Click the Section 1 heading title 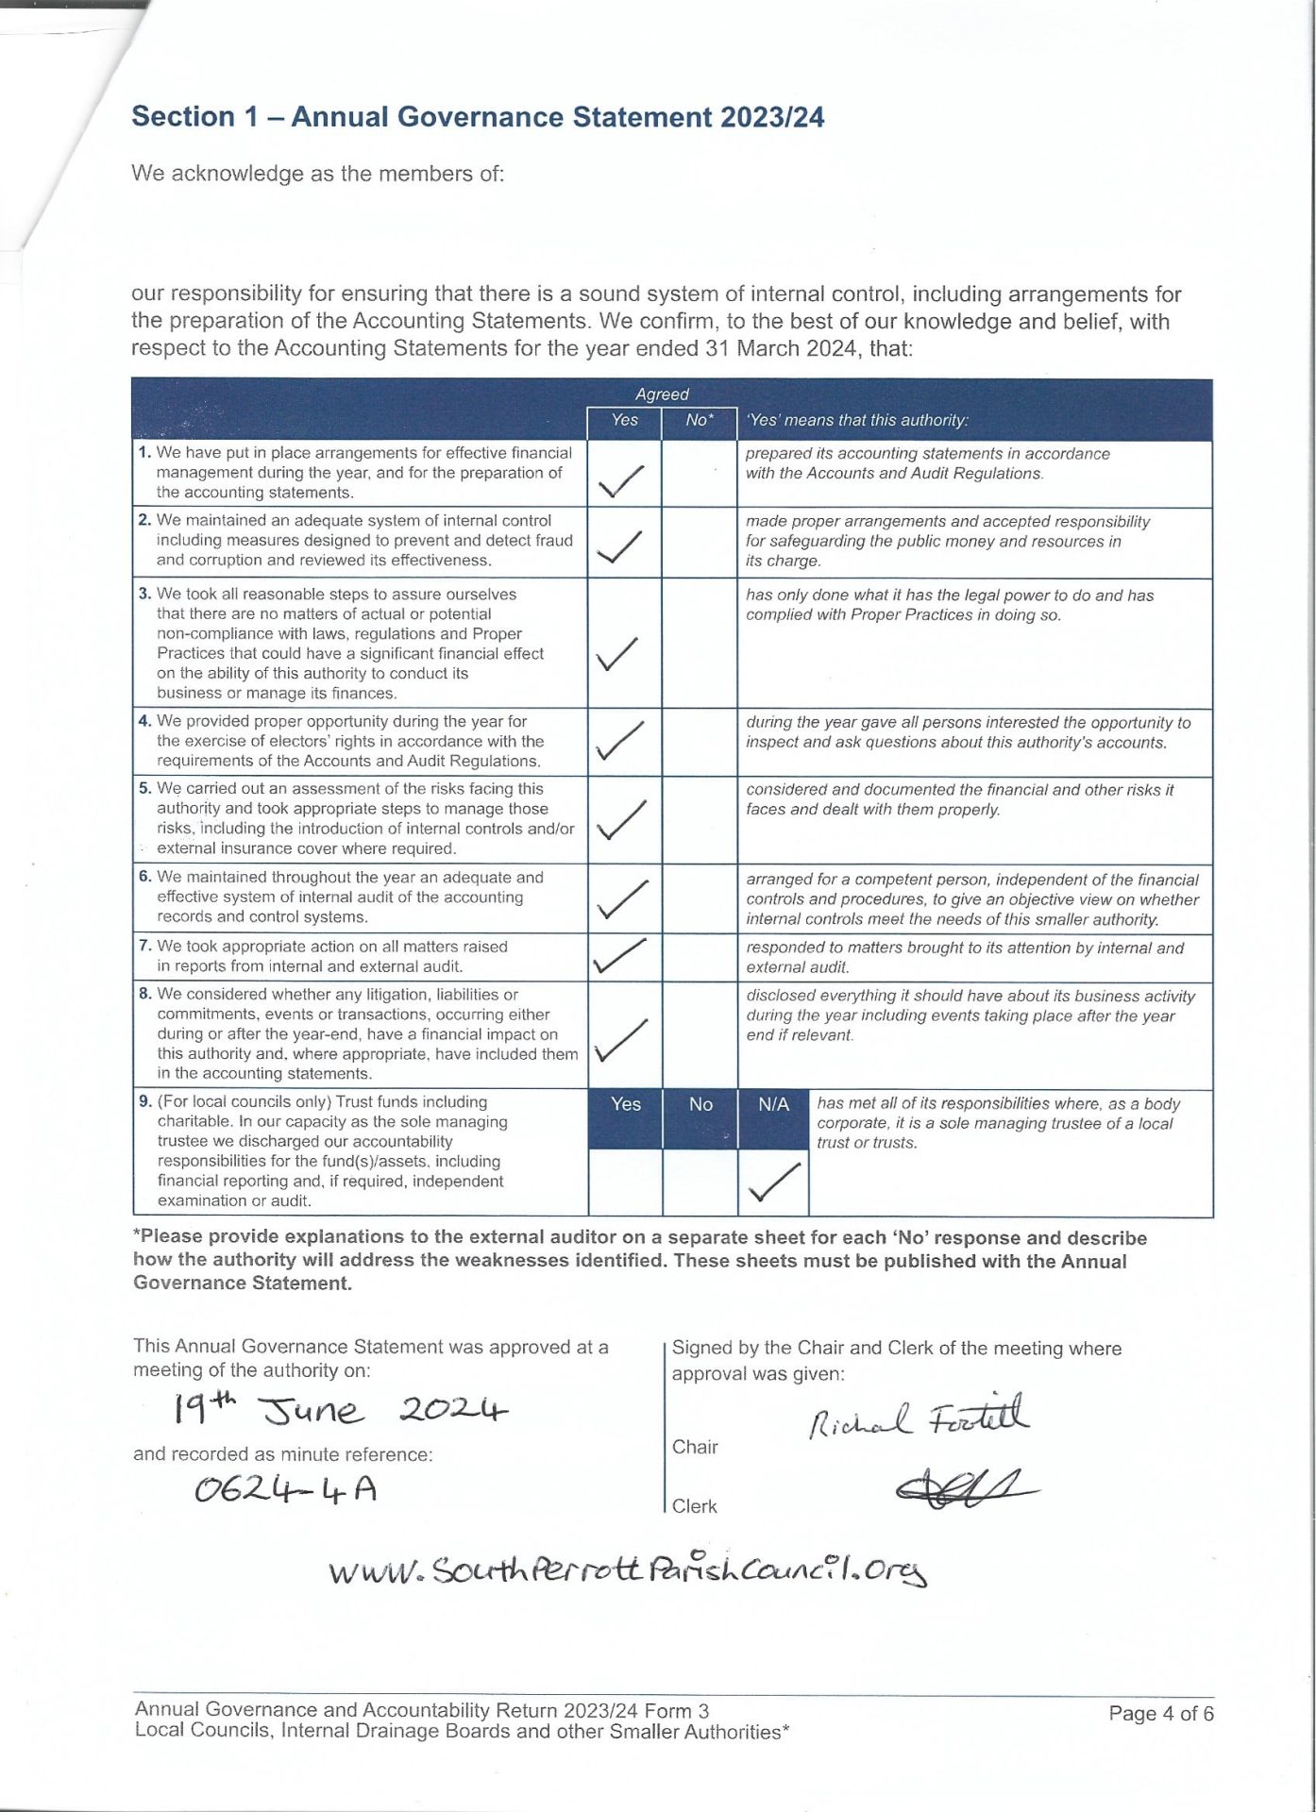(x=478, y=117)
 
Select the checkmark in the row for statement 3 (x=618, y=653)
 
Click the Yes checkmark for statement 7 (x=619, y=956)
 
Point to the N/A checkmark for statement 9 (x=774, y=1183)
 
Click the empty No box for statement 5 (x=700, y=819)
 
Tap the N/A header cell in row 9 (x=773, y=1104)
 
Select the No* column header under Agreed (x=700, y=421)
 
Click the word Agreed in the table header (x=662, y=394)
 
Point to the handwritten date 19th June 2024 (x=340, y=1410)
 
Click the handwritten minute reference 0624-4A (x=285, y=1490)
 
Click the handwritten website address (x=628, y=1570)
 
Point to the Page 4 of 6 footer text (x=1160, y=1713)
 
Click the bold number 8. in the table (x=144, y=994)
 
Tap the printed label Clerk (x=694, y=1506)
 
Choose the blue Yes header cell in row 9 (x=625, y=1104)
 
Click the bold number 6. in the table (x=144, y=877)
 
